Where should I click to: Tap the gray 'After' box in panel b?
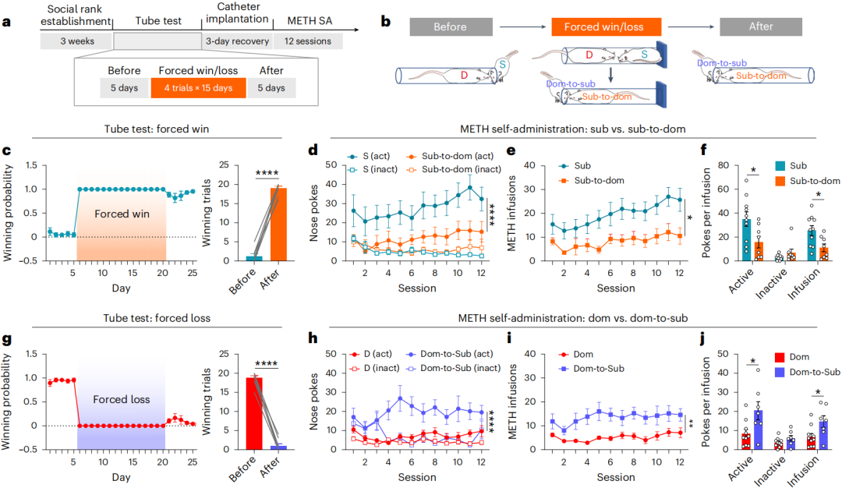[x=761, y=27]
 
